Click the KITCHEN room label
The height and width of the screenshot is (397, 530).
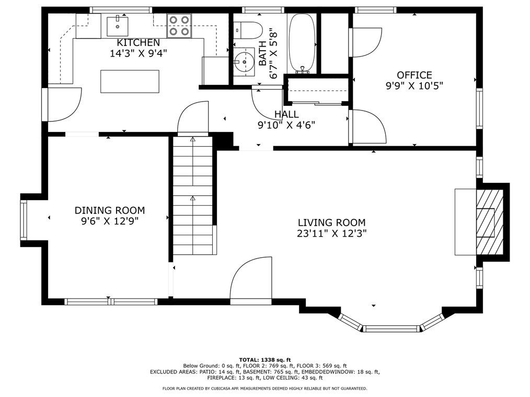tap(138, 42)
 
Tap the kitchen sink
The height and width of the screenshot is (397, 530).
tap(118, 26)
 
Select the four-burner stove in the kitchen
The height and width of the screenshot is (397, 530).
tap(179, 26)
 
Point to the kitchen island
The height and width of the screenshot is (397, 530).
tap(130, 81)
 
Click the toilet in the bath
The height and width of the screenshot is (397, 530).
tap(248, 30)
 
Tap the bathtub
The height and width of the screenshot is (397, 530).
tap(302, 43)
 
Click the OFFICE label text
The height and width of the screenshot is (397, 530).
tap(414, 75)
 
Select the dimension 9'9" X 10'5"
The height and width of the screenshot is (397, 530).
tap(414, 86)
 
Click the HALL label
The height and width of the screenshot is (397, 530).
tap(286, 114)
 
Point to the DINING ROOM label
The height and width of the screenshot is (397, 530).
tap(110, 211)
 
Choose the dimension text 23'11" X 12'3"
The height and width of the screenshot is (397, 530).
tap(332, 234)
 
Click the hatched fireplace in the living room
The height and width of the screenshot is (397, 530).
tap(489, 222)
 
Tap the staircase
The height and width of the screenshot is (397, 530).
tap(193, 195)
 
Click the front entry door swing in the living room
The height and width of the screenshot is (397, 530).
tap(251, 279)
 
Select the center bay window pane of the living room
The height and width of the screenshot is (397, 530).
tap(391, 328)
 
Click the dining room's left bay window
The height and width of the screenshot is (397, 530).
tap(24, 220)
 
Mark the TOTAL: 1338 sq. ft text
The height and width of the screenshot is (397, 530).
tap(265, 360)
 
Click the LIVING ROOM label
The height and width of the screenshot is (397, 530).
tap(331, 223)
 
